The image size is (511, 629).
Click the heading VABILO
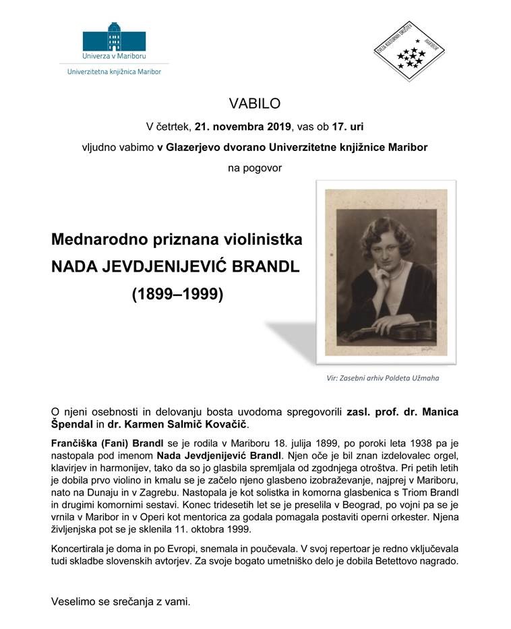click(255, 104)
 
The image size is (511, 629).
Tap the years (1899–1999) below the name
click(177, 295)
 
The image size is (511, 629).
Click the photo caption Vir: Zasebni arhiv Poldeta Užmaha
click(382, 378)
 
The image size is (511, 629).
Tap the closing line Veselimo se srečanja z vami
click(121, 600)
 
